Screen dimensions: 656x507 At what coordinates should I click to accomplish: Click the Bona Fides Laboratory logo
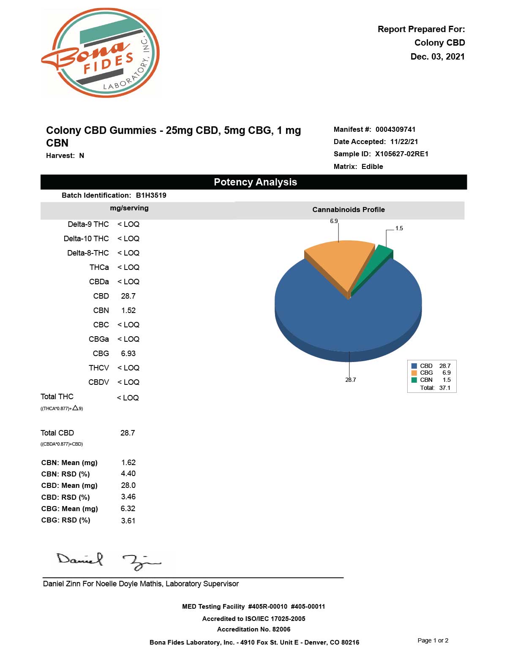(101, 53)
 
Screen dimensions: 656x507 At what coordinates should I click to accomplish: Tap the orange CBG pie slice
(338, 262)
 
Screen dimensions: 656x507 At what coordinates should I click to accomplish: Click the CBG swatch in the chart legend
(414, 373)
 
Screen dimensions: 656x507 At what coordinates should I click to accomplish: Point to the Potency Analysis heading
(255, 182)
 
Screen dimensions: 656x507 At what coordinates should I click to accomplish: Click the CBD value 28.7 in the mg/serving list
(128, 296)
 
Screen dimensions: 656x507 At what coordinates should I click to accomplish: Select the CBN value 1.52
(128, 310)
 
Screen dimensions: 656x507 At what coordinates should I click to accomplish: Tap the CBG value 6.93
(128, 354)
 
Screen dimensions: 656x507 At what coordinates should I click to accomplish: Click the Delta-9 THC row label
(88, 224)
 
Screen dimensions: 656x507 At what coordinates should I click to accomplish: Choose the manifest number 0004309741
(395, 129)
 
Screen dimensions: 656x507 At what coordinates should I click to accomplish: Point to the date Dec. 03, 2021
(437, 57)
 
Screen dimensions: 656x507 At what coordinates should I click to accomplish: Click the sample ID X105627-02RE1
(401, 154)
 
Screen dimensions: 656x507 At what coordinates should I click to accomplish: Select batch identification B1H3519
(151, 195)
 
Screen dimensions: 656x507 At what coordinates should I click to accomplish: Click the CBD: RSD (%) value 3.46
(128, 497)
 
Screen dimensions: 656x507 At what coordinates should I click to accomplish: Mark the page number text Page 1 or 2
(433, 640)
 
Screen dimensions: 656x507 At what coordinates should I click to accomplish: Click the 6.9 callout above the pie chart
(334, 221)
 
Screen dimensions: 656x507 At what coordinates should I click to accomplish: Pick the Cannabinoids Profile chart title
(349, 210)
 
